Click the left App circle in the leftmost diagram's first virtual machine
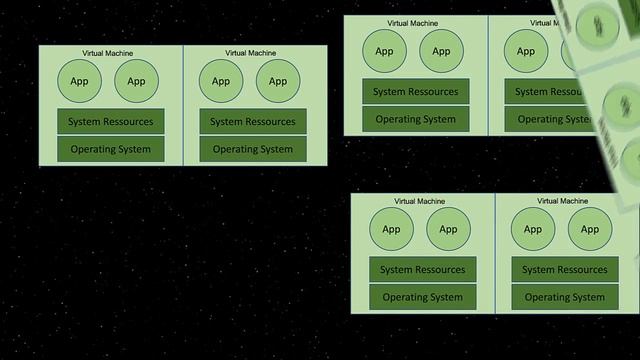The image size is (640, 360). click(80, 81)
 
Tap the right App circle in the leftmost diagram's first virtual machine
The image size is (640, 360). click(136, 81)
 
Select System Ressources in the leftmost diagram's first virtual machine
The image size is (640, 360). click(111, 122)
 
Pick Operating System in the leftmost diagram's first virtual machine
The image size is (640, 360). click(111, 149)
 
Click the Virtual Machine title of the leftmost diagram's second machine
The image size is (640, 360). click(250, 53)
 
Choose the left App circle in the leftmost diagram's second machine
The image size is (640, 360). click(221, 81)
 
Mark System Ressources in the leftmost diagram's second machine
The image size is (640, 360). click(253, 122)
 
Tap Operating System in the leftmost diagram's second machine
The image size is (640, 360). click(253, 149)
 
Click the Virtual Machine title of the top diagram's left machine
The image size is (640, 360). click(413, 23)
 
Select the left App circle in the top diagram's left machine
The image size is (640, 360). click(385, 51)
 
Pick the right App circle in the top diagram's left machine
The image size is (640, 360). click(441, 51)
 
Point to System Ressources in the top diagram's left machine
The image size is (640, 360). click(416, 92)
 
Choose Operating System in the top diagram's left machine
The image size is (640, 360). click(416, 119)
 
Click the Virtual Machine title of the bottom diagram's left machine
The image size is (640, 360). click(420, 201)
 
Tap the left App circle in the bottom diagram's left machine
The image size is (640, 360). click(391, 229)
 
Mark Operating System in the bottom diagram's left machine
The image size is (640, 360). click(423, 297)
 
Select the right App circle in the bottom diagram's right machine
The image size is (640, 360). click(590, 229)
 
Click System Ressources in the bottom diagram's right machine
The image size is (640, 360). click(565, 269)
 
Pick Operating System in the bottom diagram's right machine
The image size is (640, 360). click(565, 297)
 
